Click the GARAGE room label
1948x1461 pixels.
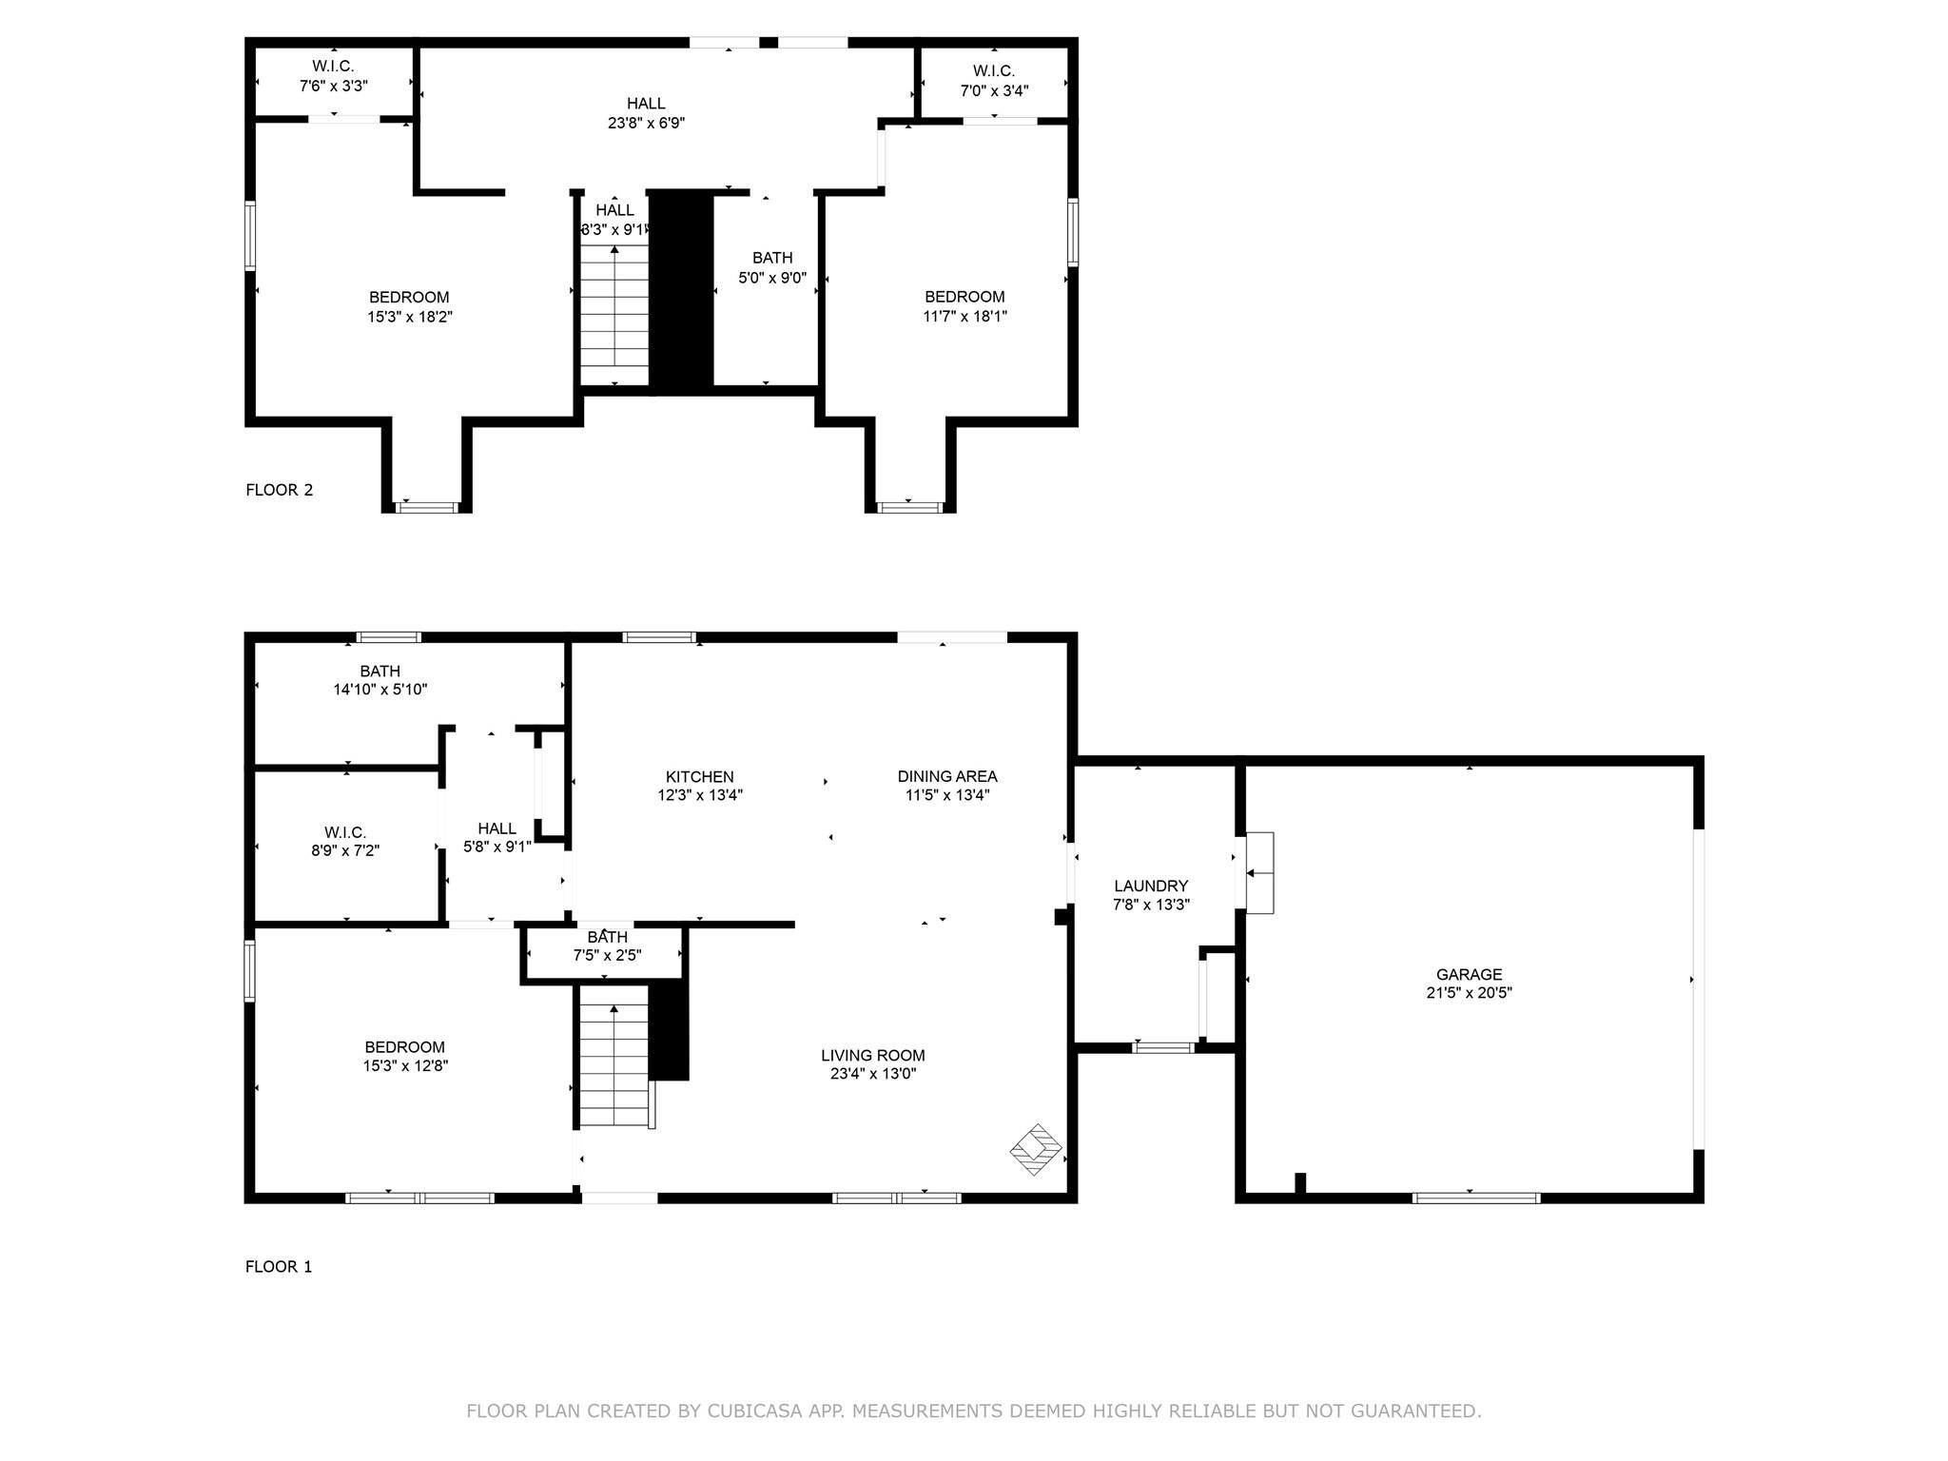[x=1469, y=974]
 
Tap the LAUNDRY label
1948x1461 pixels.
[x=1151, y=886]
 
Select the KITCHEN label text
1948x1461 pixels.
[x=699, y=777]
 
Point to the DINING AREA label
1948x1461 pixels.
[x=947, y=776]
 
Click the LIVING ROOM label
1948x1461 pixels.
[x=873, y=1055]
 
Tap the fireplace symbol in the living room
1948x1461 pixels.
[x=1036, y=1149]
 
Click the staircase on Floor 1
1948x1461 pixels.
[x=616, y=1065]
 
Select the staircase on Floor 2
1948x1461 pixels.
[x=614, y=314]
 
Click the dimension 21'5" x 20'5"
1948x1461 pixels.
[x=1469, y=993]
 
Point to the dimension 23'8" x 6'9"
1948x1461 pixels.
[x=646, y=123]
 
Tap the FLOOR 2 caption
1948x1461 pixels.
[x=279, y=490]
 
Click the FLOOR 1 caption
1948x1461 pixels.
[x=279, y=1266]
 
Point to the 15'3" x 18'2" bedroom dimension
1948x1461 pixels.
[x=410, y=317]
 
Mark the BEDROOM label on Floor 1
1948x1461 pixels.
[x=404, y=1047]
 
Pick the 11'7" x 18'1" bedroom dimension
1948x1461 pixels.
[x=964, y=316]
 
